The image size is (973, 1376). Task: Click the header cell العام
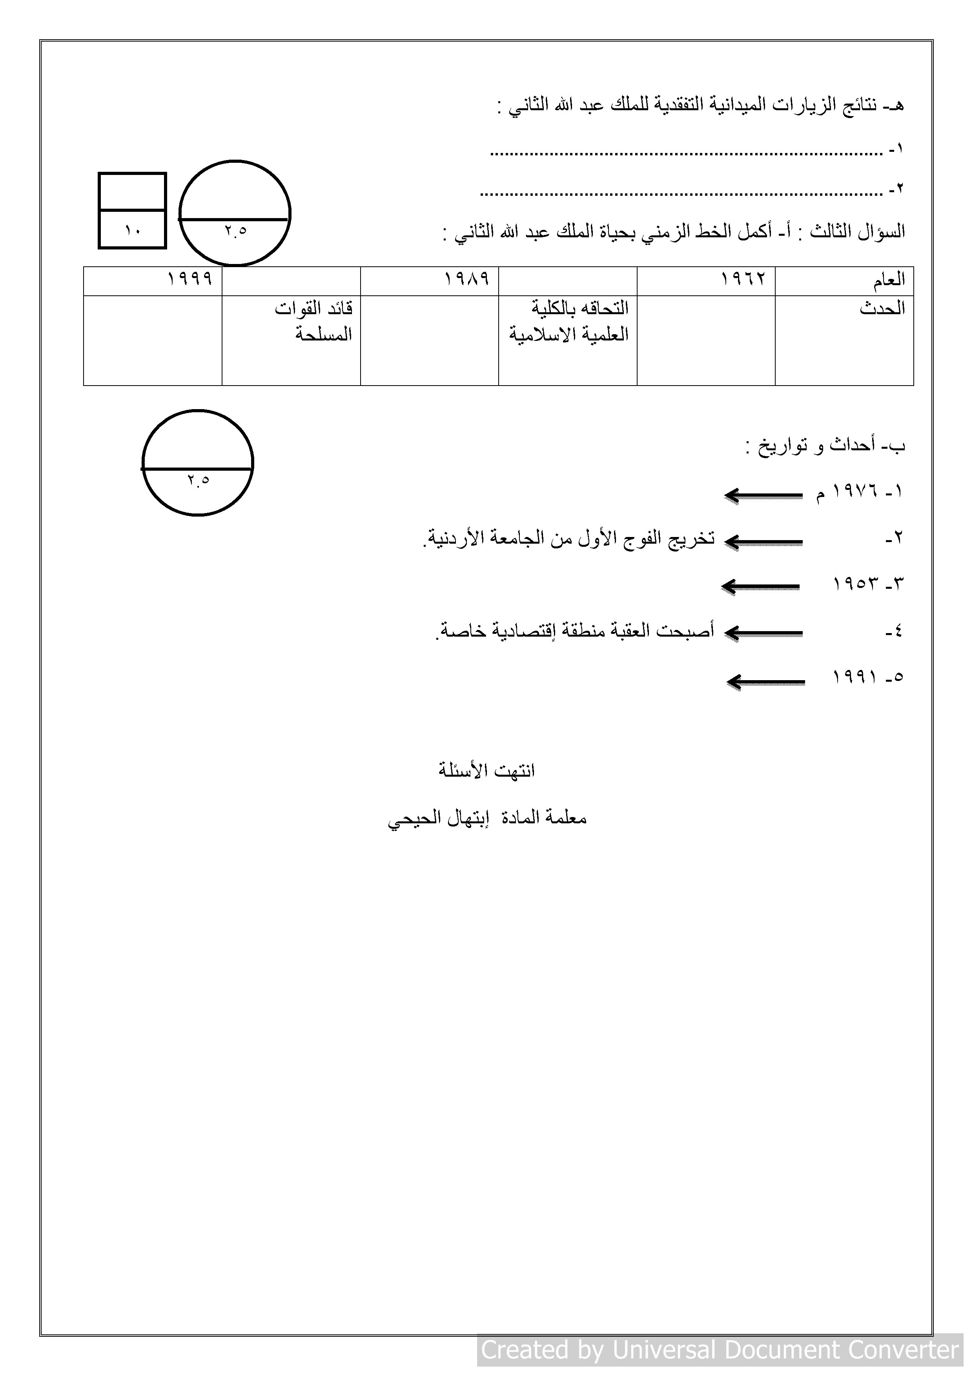coord(889,280)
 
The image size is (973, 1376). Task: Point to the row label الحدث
coord(882,309)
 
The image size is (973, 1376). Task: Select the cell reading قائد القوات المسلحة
coord(315,321)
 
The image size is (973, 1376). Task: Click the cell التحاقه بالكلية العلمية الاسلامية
coord(570,321)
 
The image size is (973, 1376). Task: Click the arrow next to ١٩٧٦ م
coord(763,496)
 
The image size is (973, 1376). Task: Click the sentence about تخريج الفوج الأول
coord(569,538)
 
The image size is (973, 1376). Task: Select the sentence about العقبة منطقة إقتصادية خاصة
coord(574,632)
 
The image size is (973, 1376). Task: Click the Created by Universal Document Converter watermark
coord(720,1350)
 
